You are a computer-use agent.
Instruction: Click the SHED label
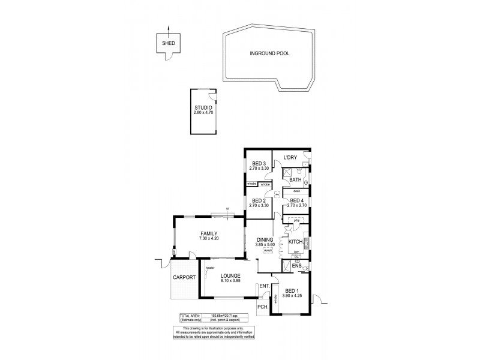click(168, 44)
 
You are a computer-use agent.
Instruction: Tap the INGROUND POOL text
click(269, 53)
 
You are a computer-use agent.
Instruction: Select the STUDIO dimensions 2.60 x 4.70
click(203, 113)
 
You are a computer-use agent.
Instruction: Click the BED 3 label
click(259, 164)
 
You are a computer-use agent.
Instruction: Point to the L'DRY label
click(291, 158)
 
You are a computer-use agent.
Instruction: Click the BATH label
click(295, 179)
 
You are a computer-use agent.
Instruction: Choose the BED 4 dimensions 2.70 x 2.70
click(297, 205)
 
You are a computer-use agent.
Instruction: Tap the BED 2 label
click(259, 200)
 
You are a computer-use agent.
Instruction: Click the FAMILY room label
click(209, 233)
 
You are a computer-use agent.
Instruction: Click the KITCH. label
click(295, 242)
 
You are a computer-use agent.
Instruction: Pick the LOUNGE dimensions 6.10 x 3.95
click(230, 280)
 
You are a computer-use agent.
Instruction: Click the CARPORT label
click(185, 278)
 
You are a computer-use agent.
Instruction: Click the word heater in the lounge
click(209, 267)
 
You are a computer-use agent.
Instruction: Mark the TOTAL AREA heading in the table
click(190, 316)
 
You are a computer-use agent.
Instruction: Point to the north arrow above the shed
click(168, 29)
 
